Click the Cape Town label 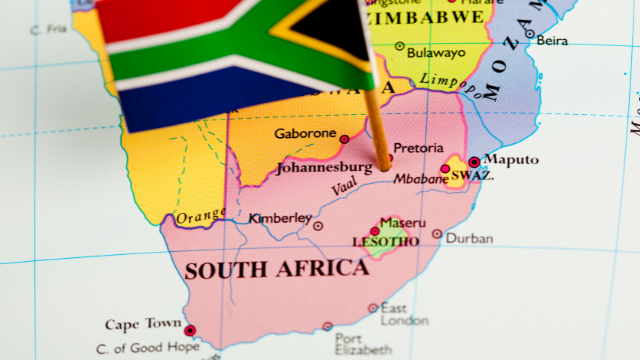pos(143,324)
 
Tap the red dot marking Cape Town pos(190,330)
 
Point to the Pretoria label pos(419,149)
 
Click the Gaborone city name pos(305,133)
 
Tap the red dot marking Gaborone pos(345,139)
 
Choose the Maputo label pos(511,160)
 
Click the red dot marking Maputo pos(474,162)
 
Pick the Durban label pos(469,238)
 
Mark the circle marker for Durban pos(437,234)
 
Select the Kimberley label pos(280,217)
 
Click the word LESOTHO pos(385,242)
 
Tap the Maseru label pos(402,222)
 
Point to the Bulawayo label pos(437,52)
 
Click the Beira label pos(552,40)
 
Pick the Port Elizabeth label pos(363,345)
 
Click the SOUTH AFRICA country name pos(276,269)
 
